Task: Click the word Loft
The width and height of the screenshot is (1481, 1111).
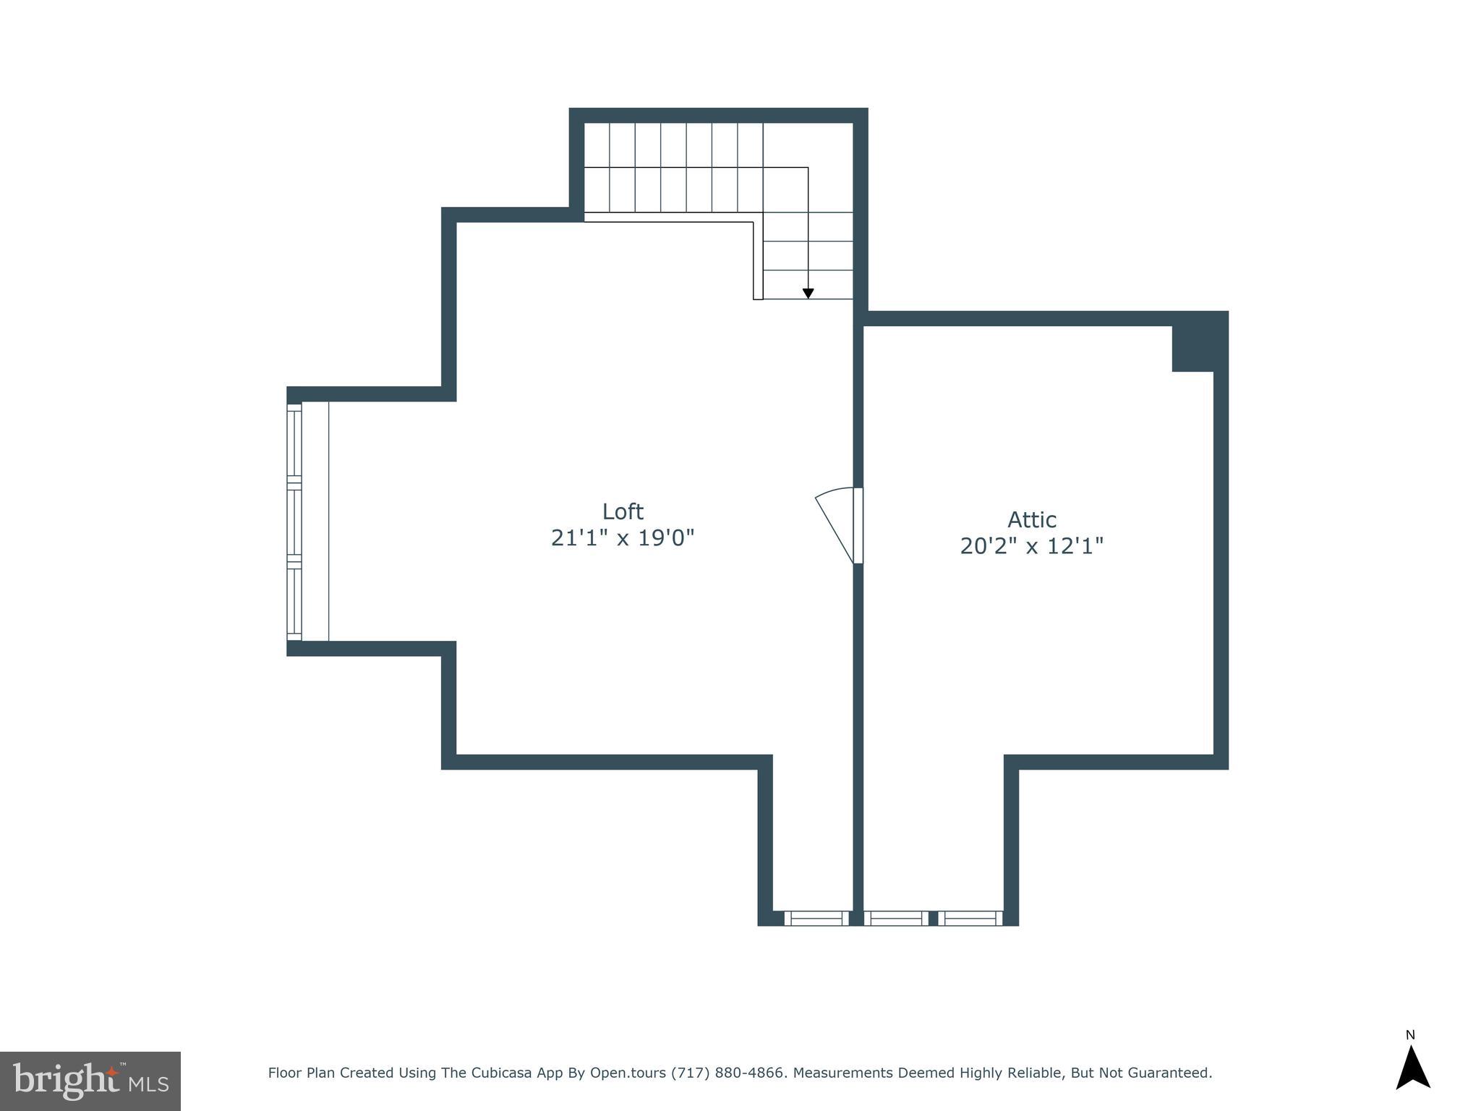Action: pyautogui.click(x=623, y=511)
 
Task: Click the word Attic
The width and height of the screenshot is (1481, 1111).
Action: pyautogui.click(x=1032, y=519)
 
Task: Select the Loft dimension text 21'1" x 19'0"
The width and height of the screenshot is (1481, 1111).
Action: pyautogui.click(x=623, y=538)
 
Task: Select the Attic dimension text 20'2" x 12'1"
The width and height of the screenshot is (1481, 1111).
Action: pyautogui.click(x=1032, y=546)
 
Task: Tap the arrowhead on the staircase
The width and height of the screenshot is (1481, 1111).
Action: pyautogui.click(x=808, y=294)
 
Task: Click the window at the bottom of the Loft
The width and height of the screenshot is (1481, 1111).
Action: pyautogui.click(x=816, y=918)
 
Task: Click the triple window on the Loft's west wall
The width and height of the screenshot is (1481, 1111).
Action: pyautogui.click(x=294, y=522)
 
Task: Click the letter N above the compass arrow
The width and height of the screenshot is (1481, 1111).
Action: pyautogui.click(x=1410, y=1035)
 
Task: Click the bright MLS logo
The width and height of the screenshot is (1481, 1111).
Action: pyautogui.click(x=90, y=1081)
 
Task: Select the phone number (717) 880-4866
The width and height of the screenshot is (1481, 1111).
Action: pyautogui.click(x=728, y=1073)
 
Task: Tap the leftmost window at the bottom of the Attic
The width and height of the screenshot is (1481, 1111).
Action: pyautogui.click(x=896, y=918)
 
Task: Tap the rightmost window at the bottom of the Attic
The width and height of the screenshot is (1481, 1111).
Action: pyautogui.click(x=970, y=918)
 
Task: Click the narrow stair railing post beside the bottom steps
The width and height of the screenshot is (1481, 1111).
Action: pyautogui.click(x=758, y=260)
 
